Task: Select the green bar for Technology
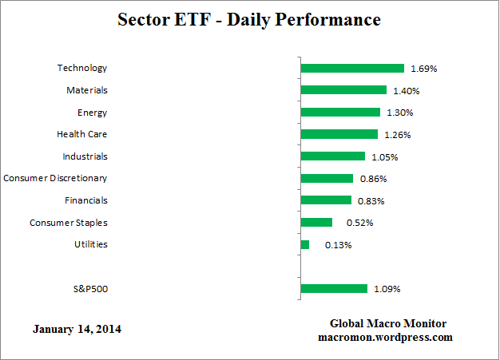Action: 352,69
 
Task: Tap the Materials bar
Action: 343,90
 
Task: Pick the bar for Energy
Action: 340,113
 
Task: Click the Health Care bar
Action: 339,134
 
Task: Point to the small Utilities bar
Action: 305,244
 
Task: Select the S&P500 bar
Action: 334,288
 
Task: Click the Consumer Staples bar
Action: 316,222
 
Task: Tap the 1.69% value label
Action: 423,69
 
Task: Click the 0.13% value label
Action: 338,245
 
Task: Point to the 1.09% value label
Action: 387,289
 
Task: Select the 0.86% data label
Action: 372,179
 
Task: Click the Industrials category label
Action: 85,156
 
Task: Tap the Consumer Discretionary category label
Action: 55,178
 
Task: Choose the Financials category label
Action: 85,200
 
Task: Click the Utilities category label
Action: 89,244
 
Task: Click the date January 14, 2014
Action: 77,329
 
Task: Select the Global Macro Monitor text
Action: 387,323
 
